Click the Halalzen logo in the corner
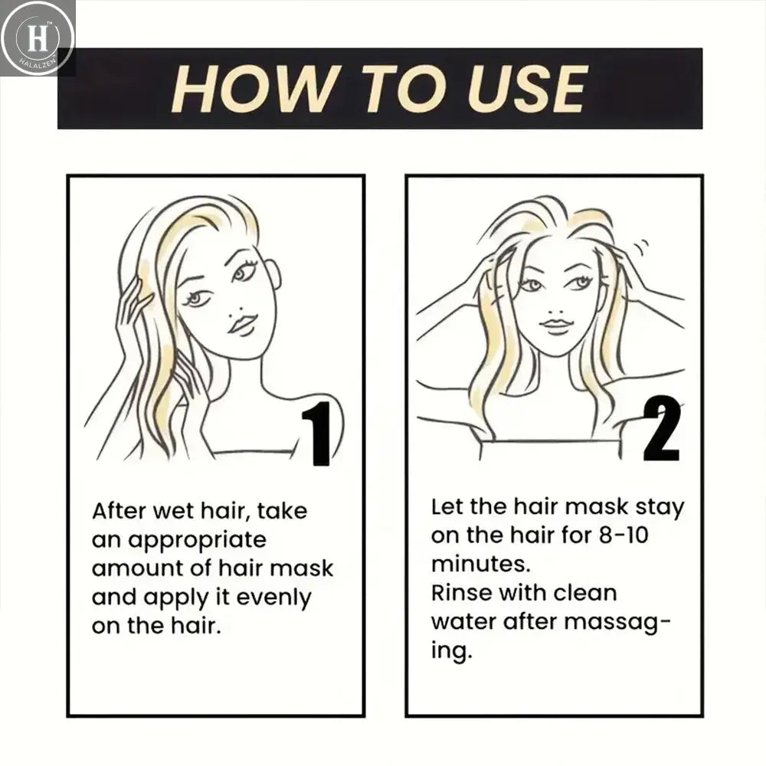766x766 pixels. point(37,38)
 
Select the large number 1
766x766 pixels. point(316,434)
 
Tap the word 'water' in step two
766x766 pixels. point(463,621)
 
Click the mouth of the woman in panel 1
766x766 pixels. point(243,324)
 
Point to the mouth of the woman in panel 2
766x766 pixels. point(557,326)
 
